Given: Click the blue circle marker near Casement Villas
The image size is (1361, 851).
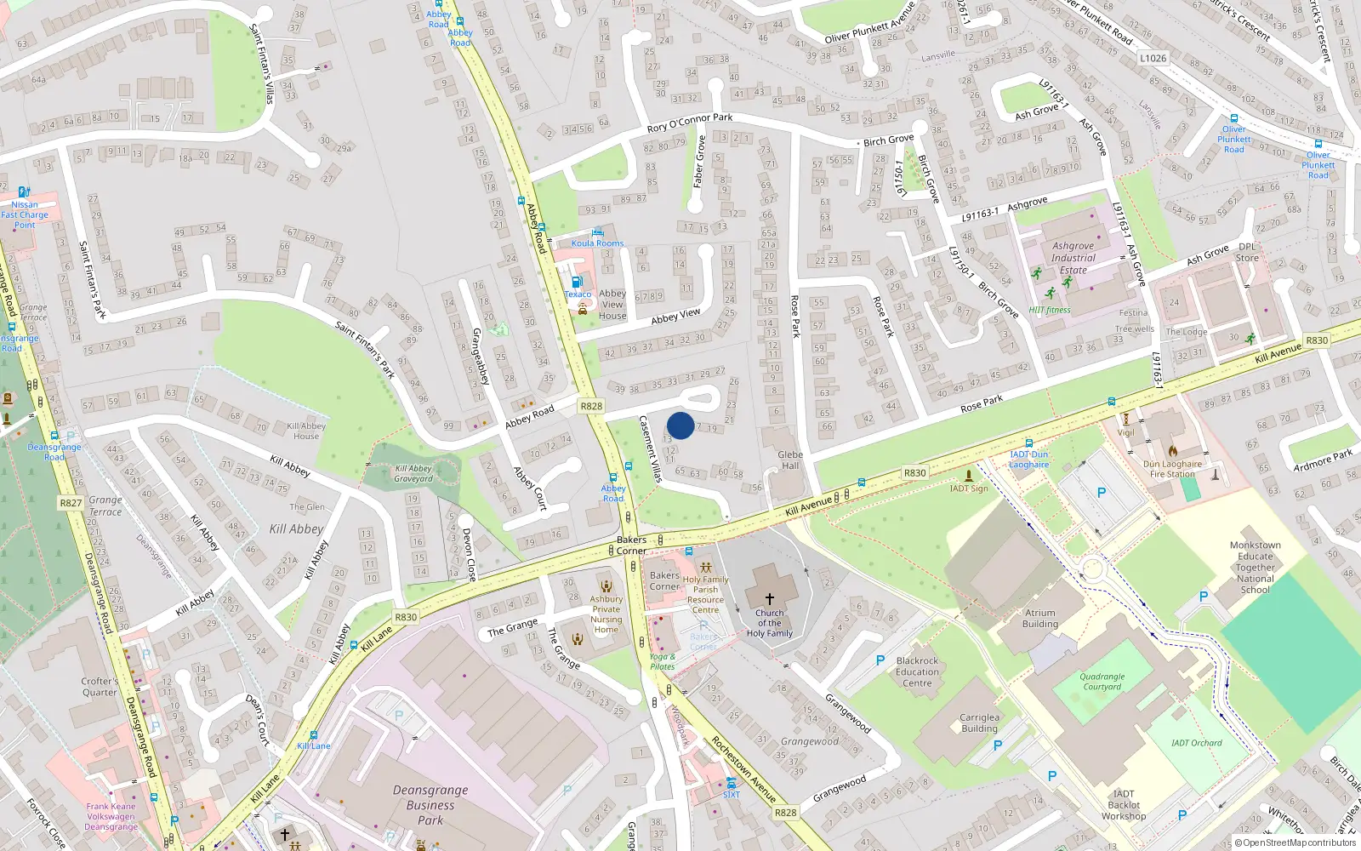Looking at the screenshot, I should coord(680,425).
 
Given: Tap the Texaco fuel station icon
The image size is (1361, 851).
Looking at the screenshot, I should coord(577,282).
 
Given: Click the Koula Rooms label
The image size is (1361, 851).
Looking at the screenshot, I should coord(597,243).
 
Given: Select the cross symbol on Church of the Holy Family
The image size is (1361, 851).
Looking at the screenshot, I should coord(770,599).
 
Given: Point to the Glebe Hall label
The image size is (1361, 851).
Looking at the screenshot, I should coord(790,460).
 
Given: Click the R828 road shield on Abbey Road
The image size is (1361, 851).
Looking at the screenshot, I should coord(591,406).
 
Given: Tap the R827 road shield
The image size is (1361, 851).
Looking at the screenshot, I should coord(71,503).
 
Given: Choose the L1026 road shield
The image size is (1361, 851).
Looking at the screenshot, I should coord(1153,58).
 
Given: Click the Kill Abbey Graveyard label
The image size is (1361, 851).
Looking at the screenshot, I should coord(413,473).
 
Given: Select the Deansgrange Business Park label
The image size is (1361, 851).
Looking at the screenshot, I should coord(430,804).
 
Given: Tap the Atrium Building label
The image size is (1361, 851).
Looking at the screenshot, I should coord(1039,618).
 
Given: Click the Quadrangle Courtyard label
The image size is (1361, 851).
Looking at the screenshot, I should coord(1102,682).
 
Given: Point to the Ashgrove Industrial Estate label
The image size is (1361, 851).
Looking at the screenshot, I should coord(1073,258).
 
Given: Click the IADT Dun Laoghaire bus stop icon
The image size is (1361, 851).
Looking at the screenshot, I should coord(1028,443).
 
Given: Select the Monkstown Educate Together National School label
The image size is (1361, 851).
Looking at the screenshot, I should coord(1255,567).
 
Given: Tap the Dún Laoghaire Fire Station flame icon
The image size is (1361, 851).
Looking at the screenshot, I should coord(1172,451).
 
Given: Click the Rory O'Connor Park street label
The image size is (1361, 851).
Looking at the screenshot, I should coord(689,123).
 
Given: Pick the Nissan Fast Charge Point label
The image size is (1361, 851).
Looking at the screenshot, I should coord(25,214).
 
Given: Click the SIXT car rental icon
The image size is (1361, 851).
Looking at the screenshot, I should coord(731,782).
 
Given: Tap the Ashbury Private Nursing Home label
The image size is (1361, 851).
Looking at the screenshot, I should coord(606,614).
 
